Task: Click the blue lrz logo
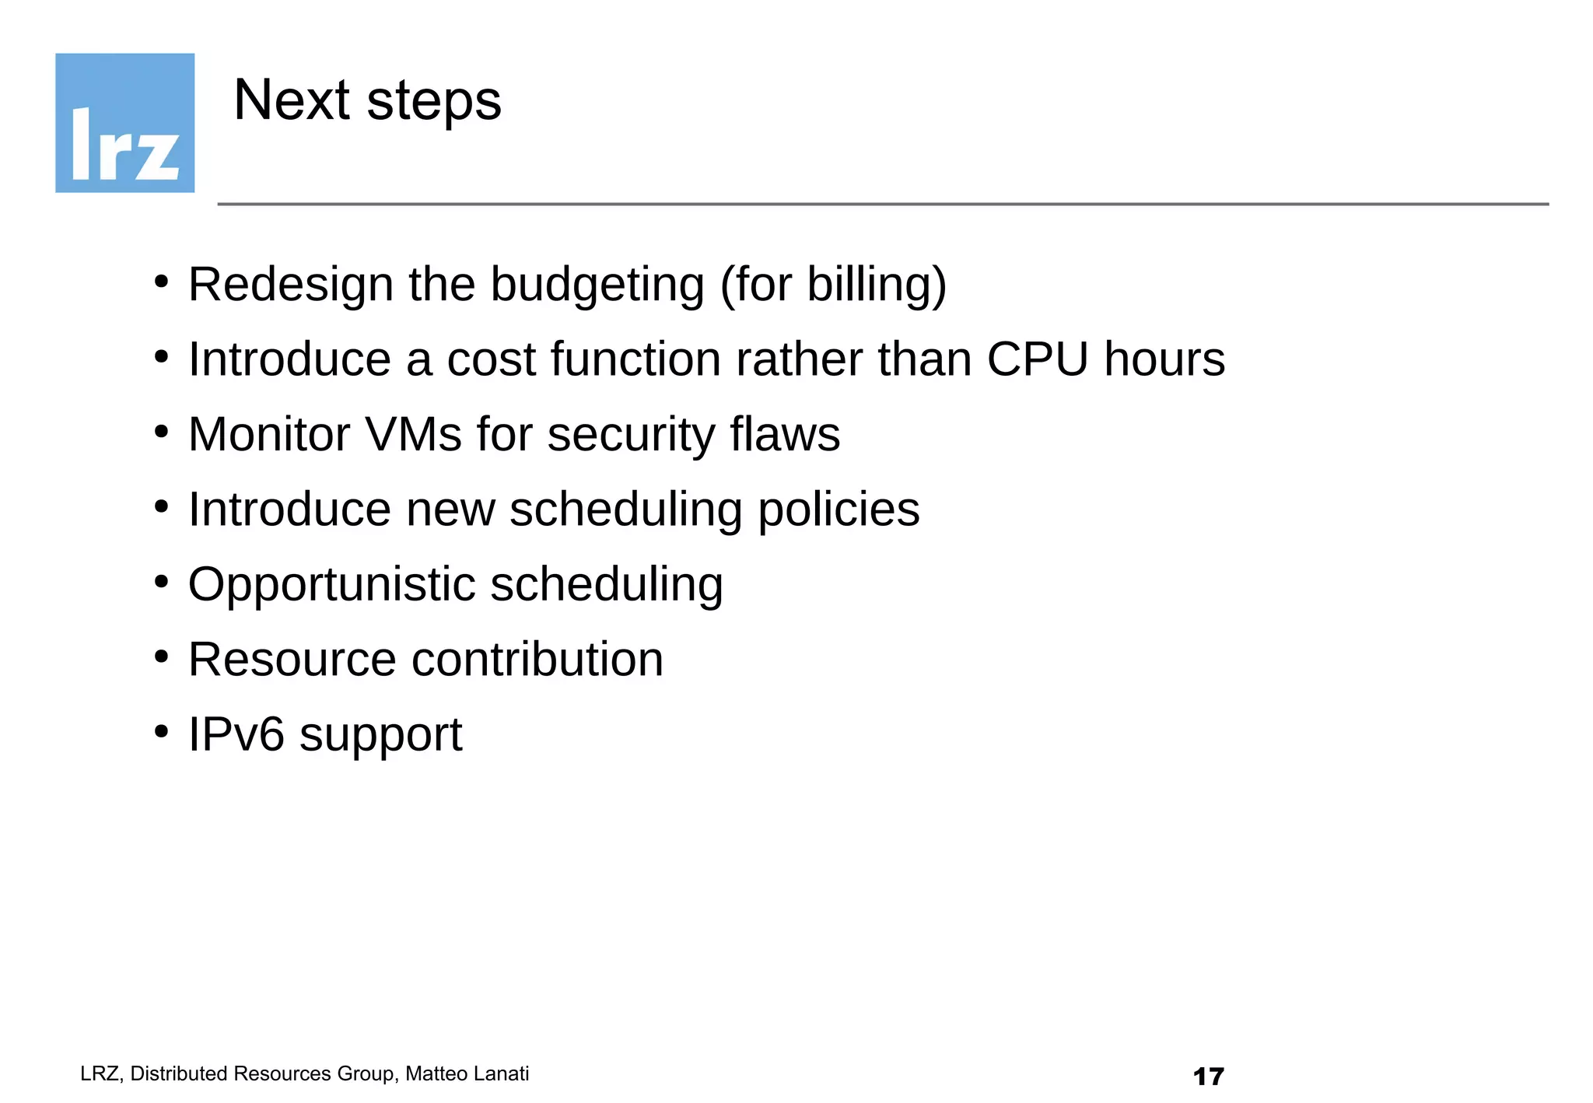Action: click(124, 123)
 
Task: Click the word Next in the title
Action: click(292, 100)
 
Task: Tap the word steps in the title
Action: click(434, 102)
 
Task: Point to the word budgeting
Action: click(597, 285)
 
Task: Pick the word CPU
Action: click(1038, 359)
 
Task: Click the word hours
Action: click(1164, 359)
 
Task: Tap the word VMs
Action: click(413, 434)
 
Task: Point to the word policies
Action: click(839, 510)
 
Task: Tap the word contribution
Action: click(537, 660)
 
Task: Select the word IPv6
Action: click(236, 734)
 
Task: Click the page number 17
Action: click(1208, 1077)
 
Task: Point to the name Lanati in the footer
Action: click(500, 1073)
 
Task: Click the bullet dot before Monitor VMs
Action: click(161, 431)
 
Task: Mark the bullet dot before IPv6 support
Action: click(161, 731)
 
